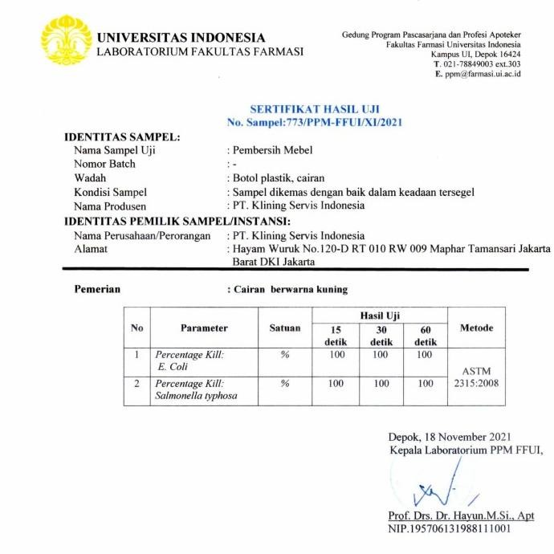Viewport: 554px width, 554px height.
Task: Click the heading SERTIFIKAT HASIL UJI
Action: coord(315,108)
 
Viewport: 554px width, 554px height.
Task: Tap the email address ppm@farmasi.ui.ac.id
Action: coord(483,74)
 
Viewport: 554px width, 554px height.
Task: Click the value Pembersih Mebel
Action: coord(273,150)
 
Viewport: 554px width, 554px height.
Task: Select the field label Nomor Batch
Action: coord(104,164)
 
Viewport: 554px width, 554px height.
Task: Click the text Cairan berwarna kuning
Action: coord(291,289)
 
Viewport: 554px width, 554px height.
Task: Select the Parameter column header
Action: coord(204,328)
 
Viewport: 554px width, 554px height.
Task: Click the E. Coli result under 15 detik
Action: coord(336,354)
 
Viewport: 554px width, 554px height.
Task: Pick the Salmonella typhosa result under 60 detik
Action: coord(426,384)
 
